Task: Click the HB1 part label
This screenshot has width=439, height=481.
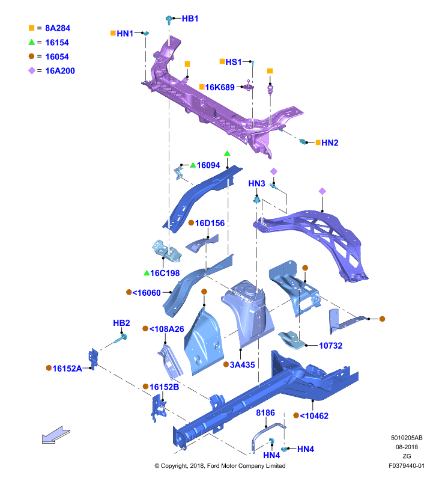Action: click(190, 19)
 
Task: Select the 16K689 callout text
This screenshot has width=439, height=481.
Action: click(220, 87)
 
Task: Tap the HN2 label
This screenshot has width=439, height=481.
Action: click(330, 142)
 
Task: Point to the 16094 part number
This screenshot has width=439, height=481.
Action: click(208, 165)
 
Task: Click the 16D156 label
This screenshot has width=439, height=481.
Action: click(210, 223)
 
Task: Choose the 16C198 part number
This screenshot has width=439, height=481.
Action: click(165, 273)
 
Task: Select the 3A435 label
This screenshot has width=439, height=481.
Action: click(243, 365)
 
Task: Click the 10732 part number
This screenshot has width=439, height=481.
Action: click(330, 345)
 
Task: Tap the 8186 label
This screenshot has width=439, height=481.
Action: click(265, 412)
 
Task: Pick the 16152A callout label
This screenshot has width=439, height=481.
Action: click(67, 369)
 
